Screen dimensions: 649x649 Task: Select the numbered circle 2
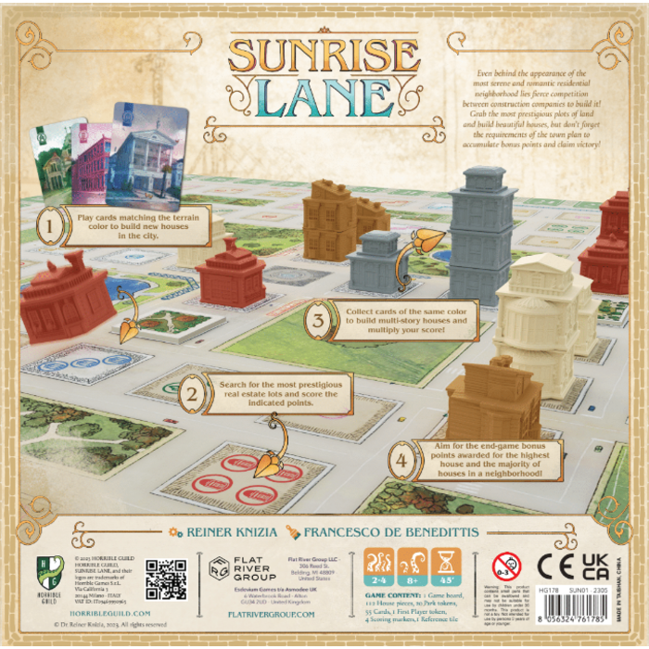[x=191, y=395]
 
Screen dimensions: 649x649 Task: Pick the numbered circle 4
[x=401, y=462]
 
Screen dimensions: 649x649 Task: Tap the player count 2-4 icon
[x=379, y=564]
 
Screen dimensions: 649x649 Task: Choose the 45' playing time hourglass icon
[x=446, y=564]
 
